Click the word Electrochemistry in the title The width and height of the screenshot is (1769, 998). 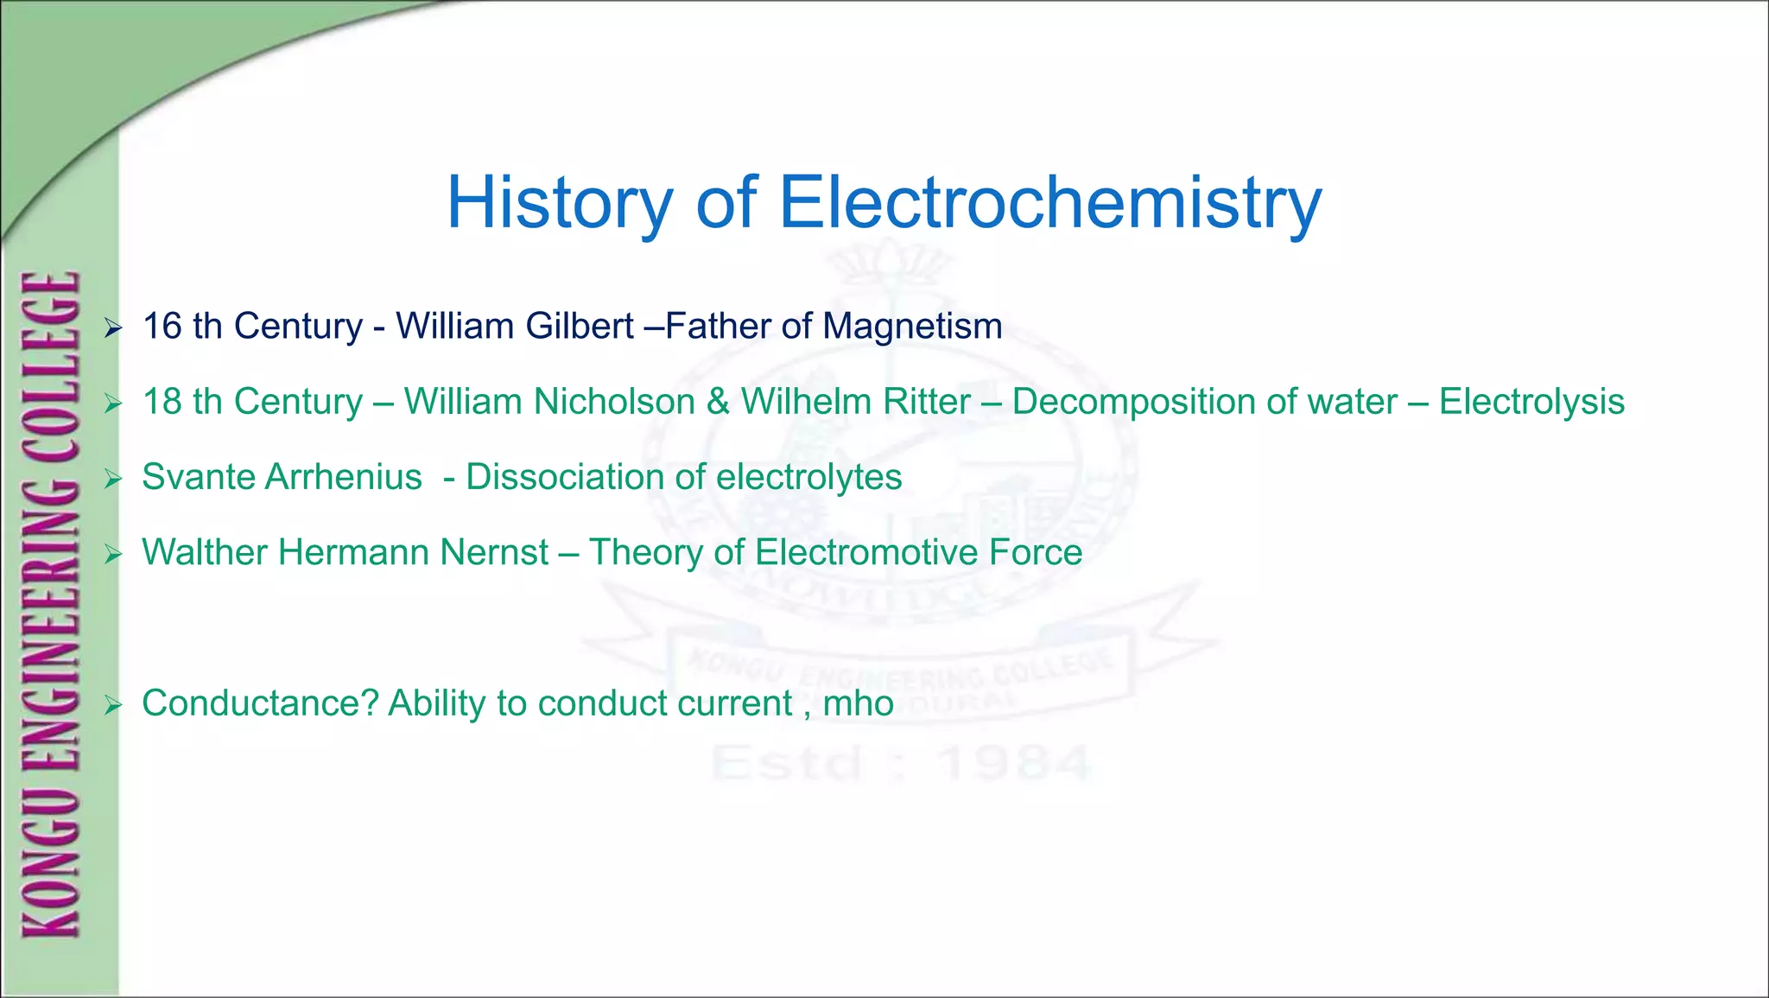click(x=1050, y=203)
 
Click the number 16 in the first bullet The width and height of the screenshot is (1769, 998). click(x=162, y=327)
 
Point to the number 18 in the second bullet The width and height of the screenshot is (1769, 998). click(x=162, y=402)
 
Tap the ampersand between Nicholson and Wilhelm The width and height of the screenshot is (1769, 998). click(x=718, y=402)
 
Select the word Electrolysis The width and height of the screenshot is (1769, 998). click(x=1531, y=402)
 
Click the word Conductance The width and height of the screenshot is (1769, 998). click(x=260, y=703)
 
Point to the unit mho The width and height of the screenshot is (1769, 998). click(x=858, y=703)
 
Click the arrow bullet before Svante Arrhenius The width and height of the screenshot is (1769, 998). click(x=113, y=479)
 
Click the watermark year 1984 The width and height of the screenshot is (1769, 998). click(x=1015, y=763)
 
